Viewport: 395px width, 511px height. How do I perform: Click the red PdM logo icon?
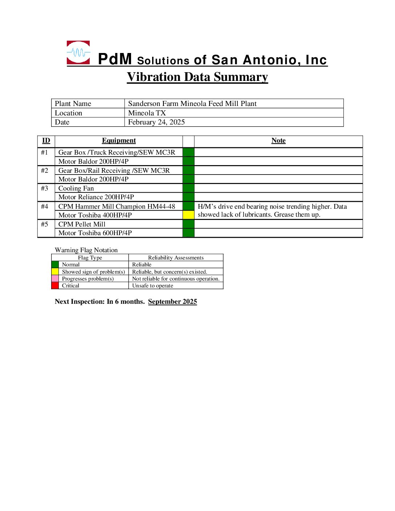click(x=78, y=53)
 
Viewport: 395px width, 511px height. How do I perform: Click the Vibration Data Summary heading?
click(x=197, y=77)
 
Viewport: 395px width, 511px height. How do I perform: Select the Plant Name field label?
click(x=73, y=104)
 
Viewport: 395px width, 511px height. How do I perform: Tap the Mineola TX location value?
click(x=147, y=113)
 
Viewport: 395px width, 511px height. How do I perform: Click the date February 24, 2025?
click(x=156, y=122)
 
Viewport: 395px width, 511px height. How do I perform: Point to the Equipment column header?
click(x=119, y=140)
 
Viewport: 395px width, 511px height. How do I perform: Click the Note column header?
click(x=278, y=140)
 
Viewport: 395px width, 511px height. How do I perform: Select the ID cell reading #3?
click(x=45, y=188)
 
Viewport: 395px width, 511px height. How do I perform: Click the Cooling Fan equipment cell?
click(x=76, y=188)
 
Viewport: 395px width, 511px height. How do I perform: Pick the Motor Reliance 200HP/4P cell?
click(x=96, y=197)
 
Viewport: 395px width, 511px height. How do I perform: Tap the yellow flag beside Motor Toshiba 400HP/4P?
click(x=188, y=215)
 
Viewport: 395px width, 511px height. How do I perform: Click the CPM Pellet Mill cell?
click(x=82, y=224)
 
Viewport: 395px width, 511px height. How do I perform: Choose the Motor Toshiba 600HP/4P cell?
click(x=95, y=233)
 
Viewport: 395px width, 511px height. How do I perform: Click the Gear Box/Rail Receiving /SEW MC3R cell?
click(x=114, y=171)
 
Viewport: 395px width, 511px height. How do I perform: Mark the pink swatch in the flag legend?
click(x=55, y=279)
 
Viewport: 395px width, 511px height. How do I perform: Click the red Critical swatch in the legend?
click(x=55, y=286)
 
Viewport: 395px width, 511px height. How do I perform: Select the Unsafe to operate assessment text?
click(x=152, y=286)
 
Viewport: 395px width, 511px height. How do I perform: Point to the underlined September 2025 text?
click(x=172, y=302)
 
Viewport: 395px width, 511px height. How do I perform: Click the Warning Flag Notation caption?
click(x=86, y=250)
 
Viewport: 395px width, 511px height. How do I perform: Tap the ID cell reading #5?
click(x=45, y=224)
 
